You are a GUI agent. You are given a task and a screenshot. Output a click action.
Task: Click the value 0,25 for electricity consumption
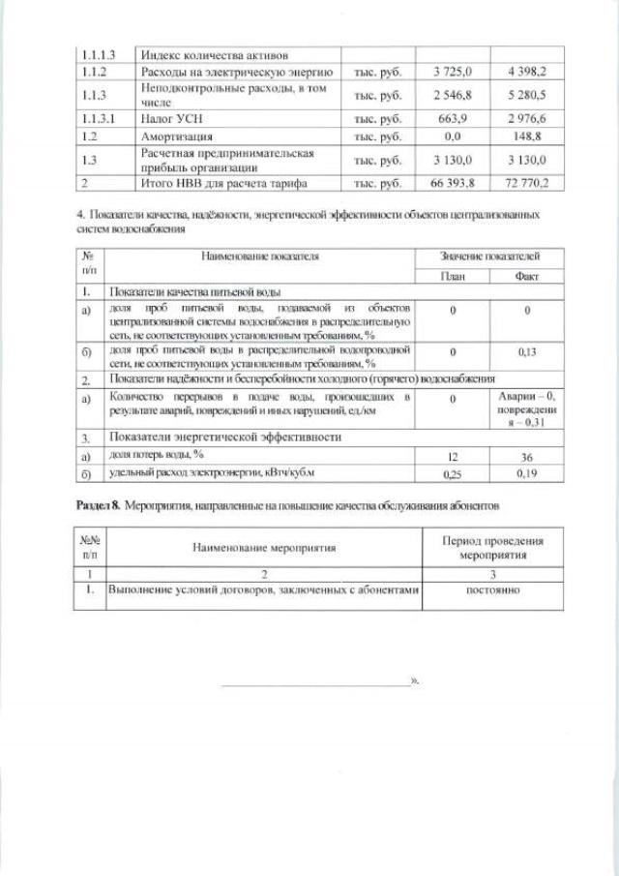tap(452, 474)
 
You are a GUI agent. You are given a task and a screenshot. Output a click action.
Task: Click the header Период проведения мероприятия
tap(492, 548)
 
